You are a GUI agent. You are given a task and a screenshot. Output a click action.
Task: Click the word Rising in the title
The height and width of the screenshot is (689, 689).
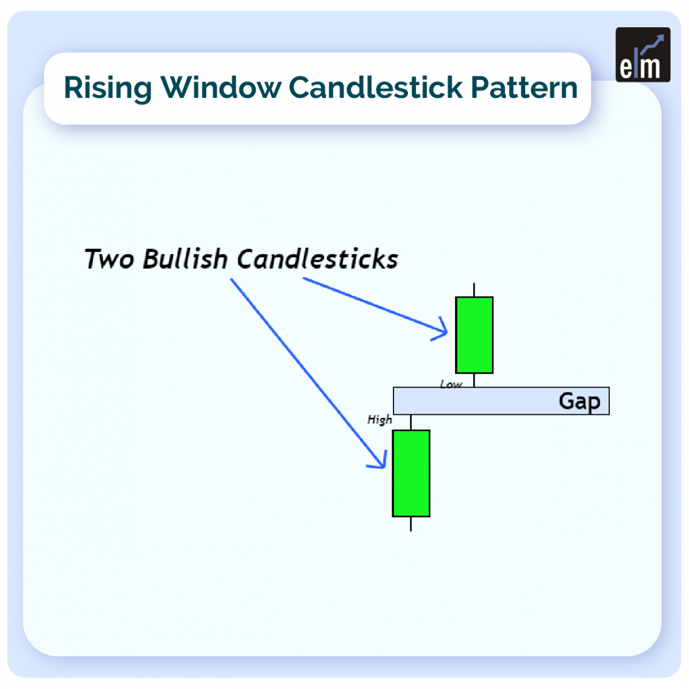point(108,88)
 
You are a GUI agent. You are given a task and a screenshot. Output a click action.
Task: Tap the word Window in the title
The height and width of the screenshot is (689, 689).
point(221,88)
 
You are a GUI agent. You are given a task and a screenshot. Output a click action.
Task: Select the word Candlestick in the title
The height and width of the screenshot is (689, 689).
point(375,88)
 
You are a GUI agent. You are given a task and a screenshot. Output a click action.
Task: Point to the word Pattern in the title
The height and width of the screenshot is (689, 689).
point(524,88)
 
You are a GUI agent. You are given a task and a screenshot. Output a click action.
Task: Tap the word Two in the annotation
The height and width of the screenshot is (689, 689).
point(108,259)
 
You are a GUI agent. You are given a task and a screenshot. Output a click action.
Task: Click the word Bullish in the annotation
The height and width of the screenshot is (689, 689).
point(184,259)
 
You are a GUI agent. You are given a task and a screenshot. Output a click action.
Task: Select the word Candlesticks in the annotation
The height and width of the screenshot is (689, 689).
point(317,259)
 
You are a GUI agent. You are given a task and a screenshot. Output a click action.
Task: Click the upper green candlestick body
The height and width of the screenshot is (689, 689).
point(474,335)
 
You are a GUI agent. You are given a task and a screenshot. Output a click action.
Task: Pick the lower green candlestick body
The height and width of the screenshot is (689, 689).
point(411,473)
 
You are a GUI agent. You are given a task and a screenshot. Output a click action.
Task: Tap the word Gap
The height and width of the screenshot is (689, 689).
point(579,401)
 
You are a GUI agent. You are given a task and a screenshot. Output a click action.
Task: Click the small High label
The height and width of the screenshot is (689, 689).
point(380,420)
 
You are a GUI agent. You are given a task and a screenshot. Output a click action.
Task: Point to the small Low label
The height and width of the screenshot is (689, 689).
point(451,384)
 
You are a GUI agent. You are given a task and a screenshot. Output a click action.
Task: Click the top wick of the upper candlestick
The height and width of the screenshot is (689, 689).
point(474,290)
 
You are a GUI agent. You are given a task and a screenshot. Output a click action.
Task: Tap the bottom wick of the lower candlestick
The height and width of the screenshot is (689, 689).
point(411,524)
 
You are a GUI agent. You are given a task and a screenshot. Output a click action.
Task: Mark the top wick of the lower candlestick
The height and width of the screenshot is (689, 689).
point(411,422)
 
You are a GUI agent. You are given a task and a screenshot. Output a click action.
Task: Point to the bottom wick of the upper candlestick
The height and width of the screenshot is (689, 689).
point(474,380)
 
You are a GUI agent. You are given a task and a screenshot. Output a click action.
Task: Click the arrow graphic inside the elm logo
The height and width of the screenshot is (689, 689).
point(652,45)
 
